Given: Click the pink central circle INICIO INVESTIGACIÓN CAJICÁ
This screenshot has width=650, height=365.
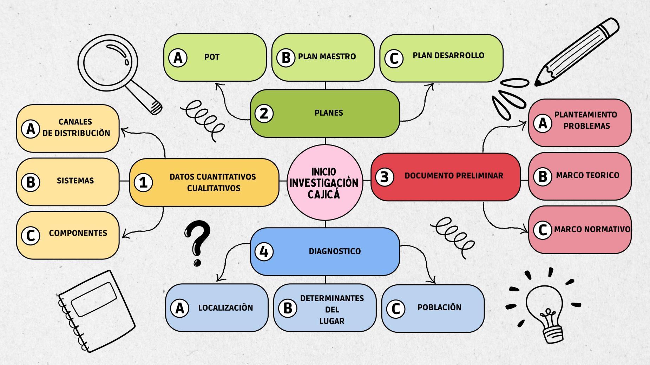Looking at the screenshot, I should point(324,182).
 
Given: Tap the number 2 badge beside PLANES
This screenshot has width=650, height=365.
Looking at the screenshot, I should point(264,113).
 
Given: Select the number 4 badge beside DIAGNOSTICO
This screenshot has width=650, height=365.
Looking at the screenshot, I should point(264,251).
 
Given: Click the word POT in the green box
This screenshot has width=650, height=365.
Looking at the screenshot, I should point(212,57).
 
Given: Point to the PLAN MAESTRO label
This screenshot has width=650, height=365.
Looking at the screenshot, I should point(327,56).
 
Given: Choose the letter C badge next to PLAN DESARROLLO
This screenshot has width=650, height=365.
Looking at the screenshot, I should point(394,59).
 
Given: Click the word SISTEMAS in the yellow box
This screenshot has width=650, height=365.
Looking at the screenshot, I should point(75,181).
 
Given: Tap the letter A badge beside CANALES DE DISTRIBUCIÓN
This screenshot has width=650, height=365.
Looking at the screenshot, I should point(31,129).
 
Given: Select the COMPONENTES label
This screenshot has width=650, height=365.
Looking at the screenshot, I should point(78,233).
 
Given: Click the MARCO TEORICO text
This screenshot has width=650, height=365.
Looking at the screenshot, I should point(587,175).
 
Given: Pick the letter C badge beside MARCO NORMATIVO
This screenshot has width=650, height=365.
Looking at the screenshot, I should point(543,230).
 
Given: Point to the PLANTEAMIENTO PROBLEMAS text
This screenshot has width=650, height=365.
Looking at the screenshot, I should point(586,120).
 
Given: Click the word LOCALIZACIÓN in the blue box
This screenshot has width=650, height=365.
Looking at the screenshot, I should point(225,308).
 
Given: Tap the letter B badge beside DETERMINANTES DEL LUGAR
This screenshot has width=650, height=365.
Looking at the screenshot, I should point(288,308).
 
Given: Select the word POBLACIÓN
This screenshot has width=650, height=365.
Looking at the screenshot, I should point(439,307).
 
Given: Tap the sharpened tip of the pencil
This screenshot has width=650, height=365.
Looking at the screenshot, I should point(537,83).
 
